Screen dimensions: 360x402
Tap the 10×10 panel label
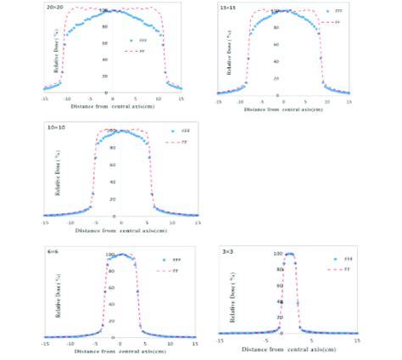51,125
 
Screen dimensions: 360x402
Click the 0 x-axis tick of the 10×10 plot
120,223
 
